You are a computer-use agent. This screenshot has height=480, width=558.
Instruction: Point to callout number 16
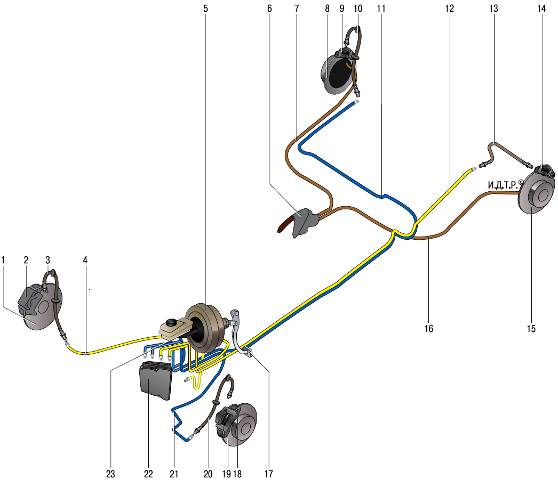coord(428,329)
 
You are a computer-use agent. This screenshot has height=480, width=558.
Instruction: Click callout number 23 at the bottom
coord(110,473)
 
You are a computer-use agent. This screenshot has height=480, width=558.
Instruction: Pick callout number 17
coord(268,473)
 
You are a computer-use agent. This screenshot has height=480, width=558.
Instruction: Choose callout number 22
coord(148,473)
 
